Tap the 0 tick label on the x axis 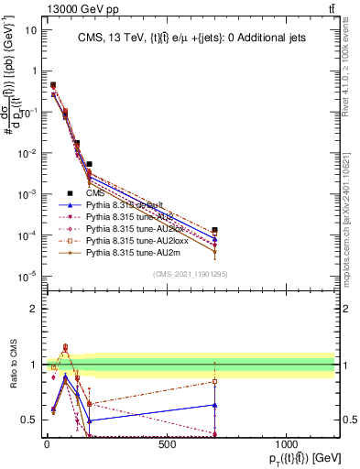(x=47, y=444)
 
